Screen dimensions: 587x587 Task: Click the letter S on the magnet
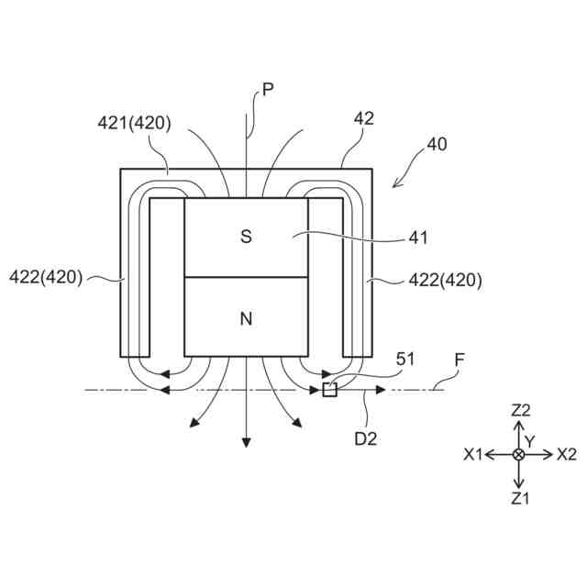click(246, 237)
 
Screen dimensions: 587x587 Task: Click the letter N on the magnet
click(246, 319)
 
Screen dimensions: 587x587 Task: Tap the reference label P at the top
click(268, 89)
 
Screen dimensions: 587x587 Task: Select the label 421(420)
click(134, 124)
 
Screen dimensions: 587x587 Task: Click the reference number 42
click(364, 119)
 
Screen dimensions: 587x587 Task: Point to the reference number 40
click(437, 145)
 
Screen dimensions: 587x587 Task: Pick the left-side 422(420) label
click(46, 276)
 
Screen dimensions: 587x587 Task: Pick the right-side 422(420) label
click(443, 280)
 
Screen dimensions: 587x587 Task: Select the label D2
click(366, 438)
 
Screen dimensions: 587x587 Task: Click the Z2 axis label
click(520, 411)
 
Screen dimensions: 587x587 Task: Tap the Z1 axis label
click(520, 498)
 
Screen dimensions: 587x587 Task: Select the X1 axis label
click(474, 454)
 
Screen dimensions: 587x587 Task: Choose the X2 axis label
click(566, 454)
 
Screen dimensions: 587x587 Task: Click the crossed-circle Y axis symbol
click(519, 454)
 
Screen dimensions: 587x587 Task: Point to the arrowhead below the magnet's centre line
click(246, 441)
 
